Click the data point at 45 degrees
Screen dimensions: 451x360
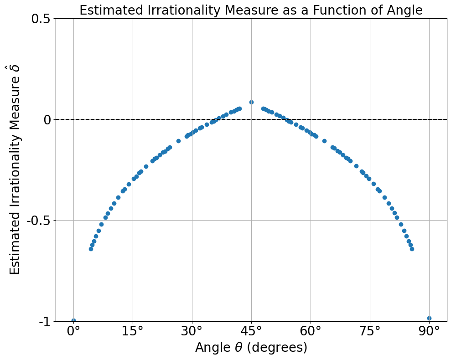251,103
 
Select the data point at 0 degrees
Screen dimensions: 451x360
73,320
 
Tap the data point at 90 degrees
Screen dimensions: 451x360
429,319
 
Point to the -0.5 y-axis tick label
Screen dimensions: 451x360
39,221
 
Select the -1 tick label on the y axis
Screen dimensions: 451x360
46,322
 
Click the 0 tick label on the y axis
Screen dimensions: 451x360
48,119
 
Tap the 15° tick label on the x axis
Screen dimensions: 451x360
133,331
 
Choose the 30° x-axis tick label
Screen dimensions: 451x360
192,331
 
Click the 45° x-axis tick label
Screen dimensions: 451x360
251,331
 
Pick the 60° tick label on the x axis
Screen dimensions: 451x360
311,331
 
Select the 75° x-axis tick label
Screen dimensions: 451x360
370,331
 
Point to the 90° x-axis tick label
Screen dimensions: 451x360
429,331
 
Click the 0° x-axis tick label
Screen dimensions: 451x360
73,331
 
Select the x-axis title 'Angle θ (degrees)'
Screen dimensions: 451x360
251,347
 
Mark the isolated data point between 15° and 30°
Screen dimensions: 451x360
178,141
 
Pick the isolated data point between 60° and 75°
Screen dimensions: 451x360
324,141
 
